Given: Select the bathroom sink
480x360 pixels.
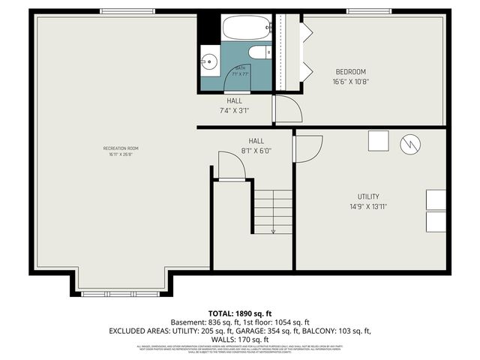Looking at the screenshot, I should (210, 61).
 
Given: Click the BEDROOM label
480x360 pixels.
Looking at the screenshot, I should (351, 72).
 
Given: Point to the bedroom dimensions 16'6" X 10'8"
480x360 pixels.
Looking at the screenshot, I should (351, 82).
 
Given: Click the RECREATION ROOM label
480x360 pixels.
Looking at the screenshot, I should (121, 148).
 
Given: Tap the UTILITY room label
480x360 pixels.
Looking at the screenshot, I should (367, 196).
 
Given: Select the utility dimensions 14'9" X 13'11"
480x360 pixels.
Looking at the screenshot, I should (367, 206).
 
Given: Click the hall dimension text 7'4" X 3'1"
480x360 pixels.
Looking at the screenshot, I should (234, 110).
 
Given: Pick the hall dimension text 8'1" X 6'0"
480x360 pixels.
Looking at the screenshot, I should (256, 150).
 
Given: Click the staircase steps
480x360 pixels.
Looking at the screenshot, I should (272, 210).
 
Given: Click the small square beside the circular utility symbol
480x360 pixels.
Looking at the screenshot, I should (379, 141).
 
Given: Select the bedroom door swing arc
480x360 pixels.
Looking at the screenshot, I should (287, 109).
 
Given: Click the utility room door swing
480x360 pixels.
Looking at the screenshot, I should (308, 148).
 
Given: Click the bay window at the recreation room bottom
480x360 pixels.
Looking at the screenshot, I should (120, 293).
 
